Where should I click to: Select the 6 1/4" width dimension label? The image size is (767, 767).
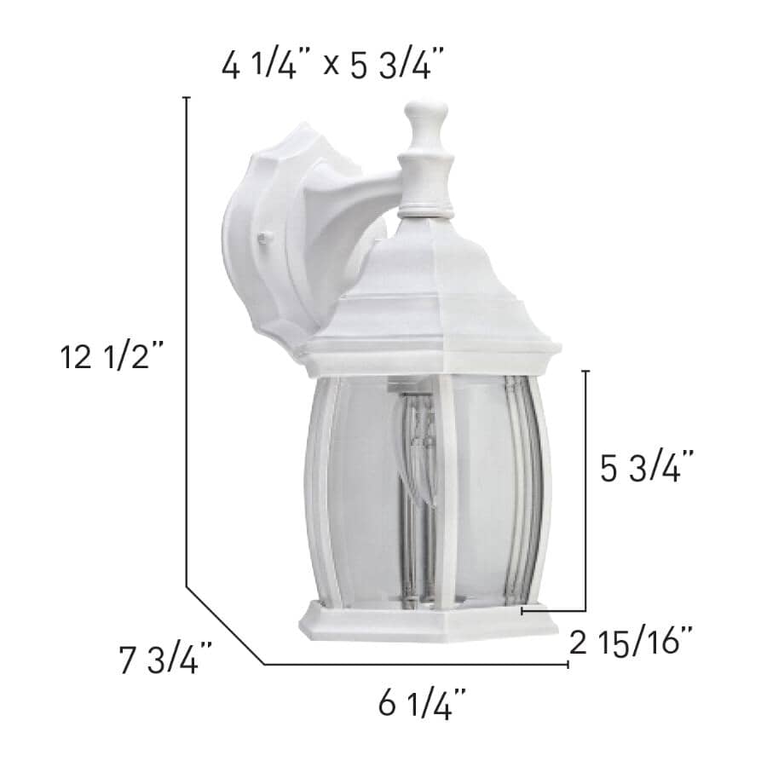click(423, 705)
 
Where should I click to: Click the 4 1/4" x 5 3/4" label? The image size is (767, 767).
click(333, 66)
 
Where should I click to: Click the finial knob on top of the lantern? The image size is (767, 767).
click(425, 119)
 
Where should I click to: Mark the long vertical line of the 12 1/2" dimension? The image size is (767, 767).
click(186, 341)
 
